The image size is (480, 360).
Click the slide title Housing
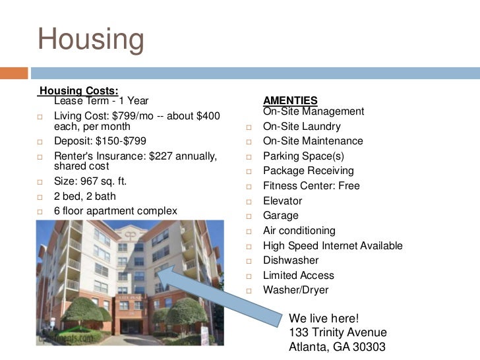click(90, 40)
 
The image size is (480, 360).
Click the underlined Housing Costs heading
click(79, 90)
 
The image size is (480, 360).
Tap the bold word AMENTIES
click(290, 101)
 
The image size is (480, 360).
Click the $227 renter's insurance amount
click(164, 156)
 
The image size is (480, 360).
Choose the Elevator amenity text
click(282, 201)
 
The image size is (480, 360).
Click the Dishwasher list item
click(291, 260)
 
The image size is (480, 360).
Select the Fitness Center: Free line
click(311, 186)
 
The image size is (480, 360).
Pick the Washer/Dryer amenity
click(295, 290)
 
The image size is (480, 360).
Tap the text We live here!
click(324, 318)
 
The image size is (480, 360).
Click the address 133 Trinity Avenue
click(338, 333)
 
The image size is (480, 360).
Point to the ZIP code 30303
click(369, 347)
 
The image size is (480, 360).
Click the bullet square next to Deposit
click(40, 142)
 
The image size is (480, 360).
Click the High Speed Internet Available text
click(332, 246)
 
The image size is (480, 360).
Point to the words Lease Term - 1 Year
click(101, 102)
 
